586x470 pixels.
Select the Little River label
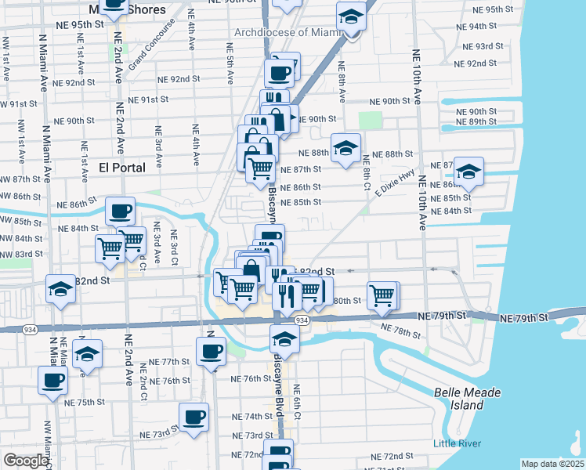pyautogui.click(x=457, y=444)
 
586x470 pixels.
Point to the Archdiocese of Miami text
pyautogui.click(x=289, y=32)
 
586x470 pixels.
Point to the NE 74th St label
pyautogui.click(x=251, y=416)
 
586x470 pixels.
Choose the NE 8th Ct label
pyautogui.click(x=366, y=172)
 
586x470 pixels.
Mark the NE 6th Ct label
pyautogui.click(x=295, y=399)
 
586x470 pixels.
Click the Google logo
pyautogui.click(x=26, y=461)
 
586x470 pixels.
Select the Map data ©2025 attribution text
pyautogui.click(x=552, y=464)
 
